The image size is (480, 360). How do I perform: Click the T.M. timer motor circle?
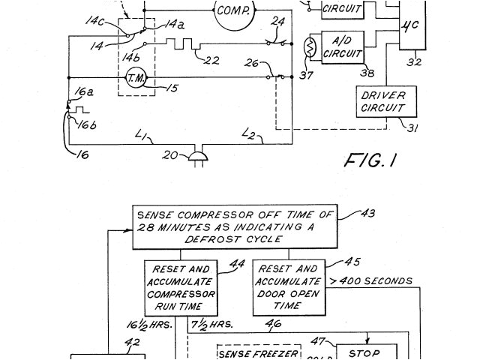[136, 78]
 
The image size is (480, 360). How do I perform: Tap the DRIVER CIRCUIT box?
[382, 102]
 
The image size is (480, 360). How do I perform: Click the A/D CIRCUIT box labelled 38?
[342, 47]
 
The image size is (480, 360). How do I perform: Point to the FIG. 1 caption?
[370, 160]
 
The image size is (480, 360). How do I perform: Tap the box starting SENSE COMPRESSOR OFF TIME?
[235, 227]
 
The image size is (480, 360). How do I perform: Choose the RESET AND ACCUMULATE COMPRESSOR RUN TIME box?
[181, 288]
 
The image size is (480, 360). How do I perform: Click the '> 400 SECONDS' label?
[371, 281]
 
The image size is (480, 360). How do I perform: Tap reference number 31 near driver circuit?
[412, 127]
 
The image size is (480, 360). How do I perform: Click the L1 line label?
[142, 135]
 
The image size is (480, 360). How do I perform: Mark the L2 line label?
[249, 134]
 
